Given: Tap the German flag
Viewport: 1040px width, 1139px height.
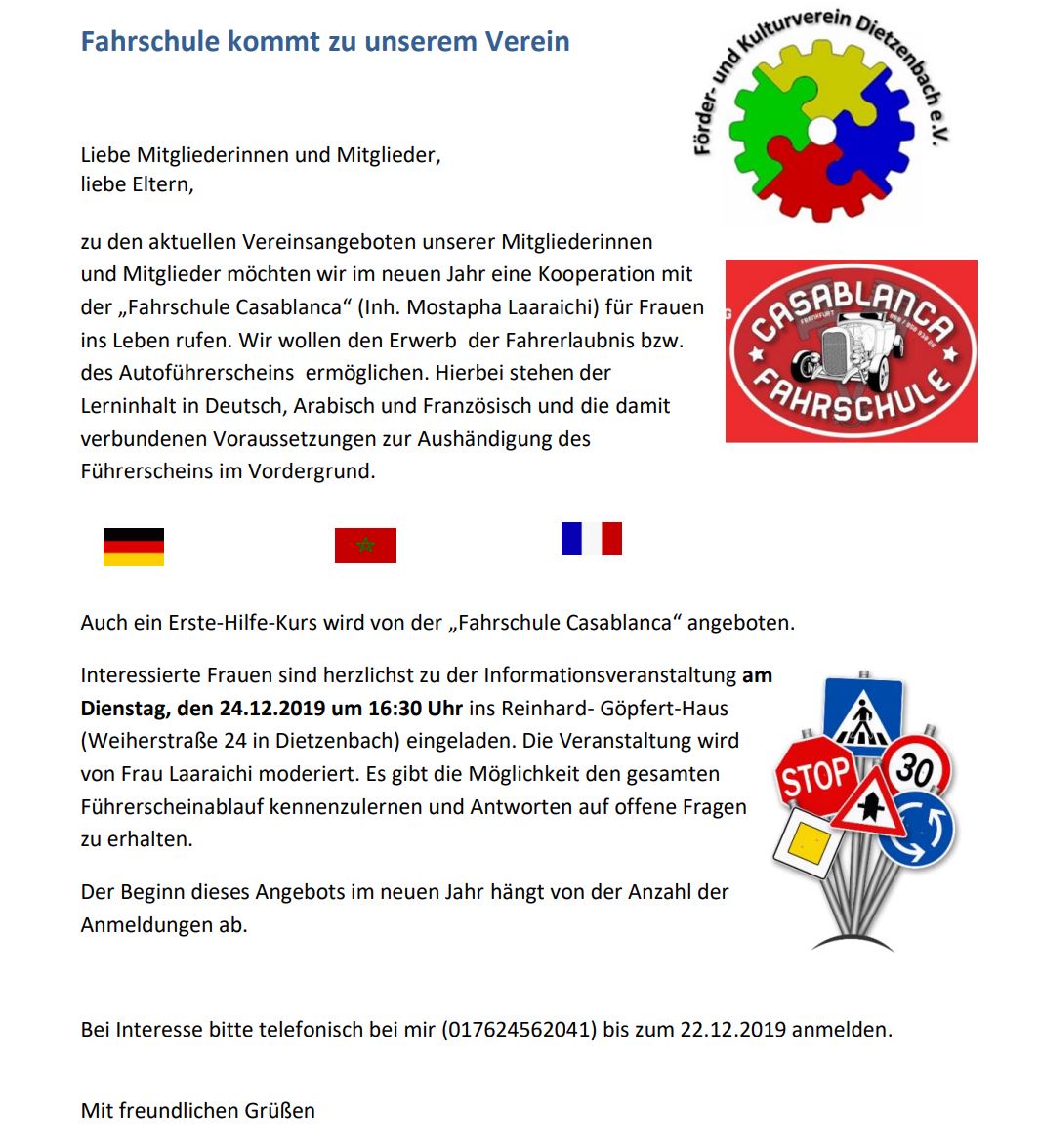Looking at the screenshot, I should pos(134,547).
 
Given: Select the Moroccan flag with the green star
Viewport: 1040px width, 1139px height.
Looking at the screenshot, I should pos(365,546).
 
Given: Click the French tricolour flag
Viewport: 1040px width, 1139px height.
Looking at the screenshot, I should pos(592,539).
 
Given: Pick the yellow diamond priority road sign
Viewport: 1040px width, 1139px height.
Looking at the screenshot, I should pos(808,841).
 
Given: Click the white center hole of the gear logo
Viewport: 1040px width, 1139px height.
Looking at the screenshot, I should pos(822,130).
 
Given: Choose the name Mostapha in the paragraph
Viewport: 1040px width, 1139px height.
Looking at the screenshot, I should pos(453,307).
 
